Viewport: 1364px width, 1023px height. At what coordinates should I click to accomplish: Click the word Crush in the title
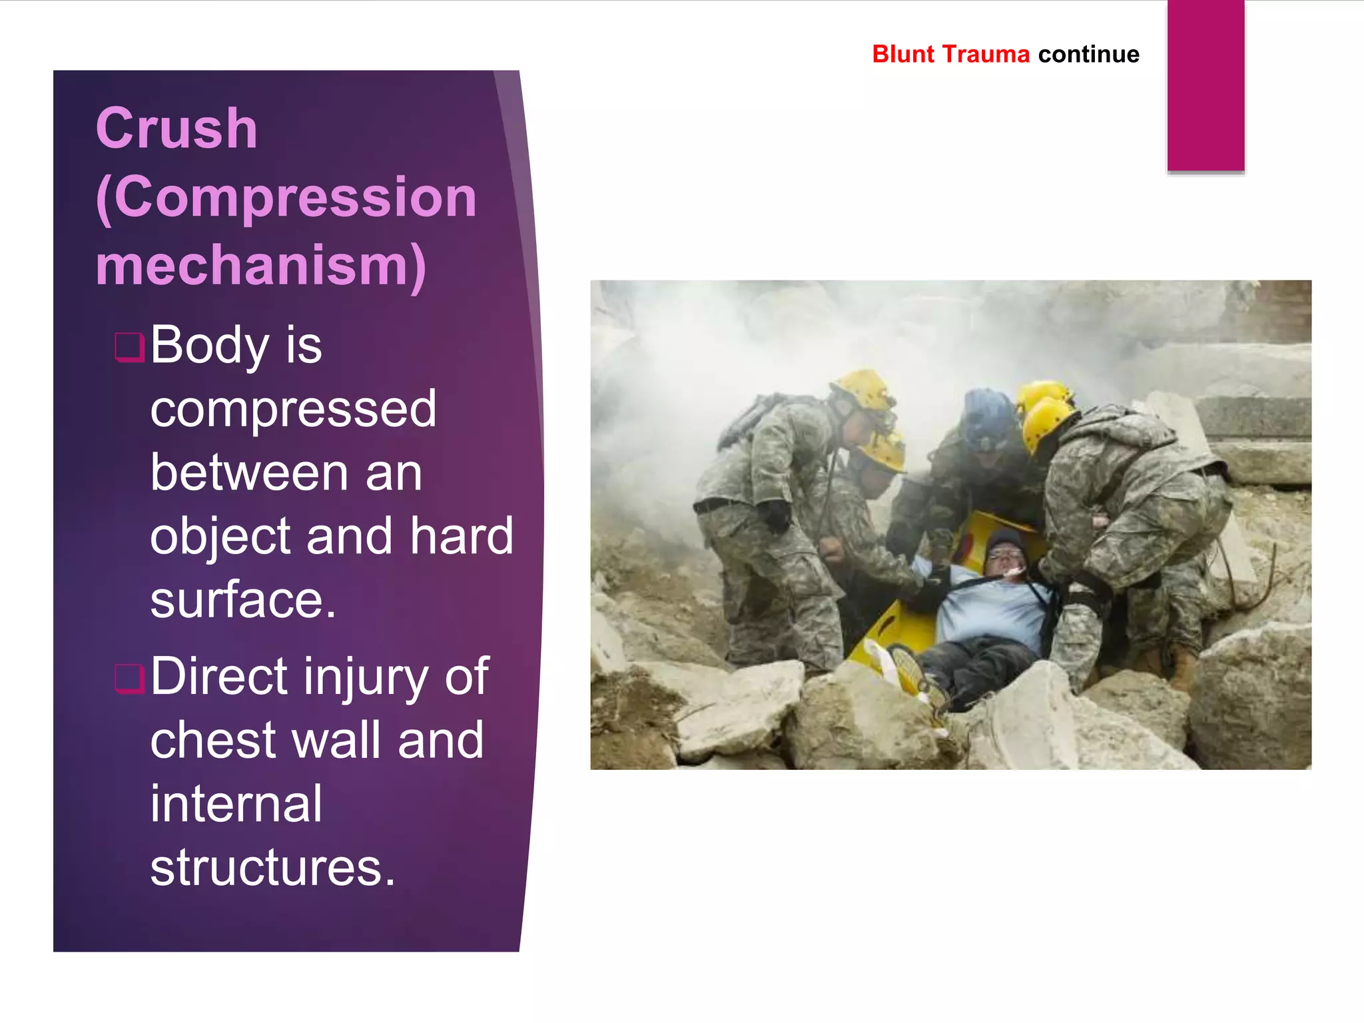click(x=176, y=129)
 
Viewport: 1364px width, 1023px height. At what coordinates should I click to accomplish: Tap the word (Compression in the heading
click(x=286, y=198)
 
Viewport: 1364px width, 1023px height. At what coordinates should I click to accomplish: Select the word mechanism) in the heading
click(x=261, y=266)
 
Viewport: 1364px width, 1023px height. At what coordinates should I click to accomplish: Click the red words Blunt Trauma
click(x=950, y=54)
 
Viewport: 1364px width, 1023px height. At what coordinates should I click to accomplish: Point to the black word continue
click(x=1088, y=54)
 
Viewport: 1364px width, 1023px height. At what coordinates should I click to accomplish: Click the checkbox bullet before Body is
click(x=129, y=348)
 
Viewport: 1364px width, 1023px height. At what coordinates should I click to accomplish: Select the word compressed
click(x=293, y=409)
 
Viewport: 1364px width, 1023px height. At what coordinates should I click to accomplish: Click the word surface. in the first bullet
click(x=243, y=600)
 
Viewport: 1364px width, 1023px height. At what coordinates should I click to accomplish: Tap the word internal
click(x=236, y=804)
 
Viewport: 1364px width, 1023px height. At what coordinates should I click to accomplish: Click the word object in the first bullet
click(x=220, y=537)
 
